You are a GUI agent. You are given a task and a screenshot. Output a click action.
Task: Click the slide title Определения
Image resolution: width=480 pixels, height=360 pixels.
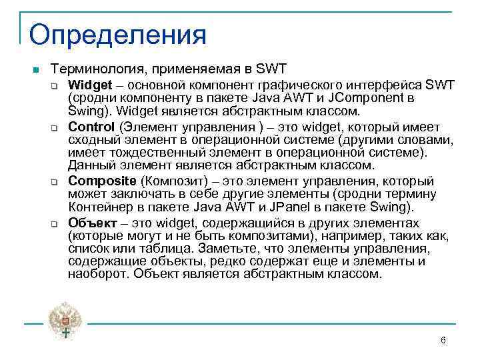click(x=118, y=34)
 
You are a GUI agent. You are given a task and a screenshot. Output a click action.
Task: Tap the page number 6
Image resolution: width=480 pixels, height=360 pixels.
click(x=443, y=341)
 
